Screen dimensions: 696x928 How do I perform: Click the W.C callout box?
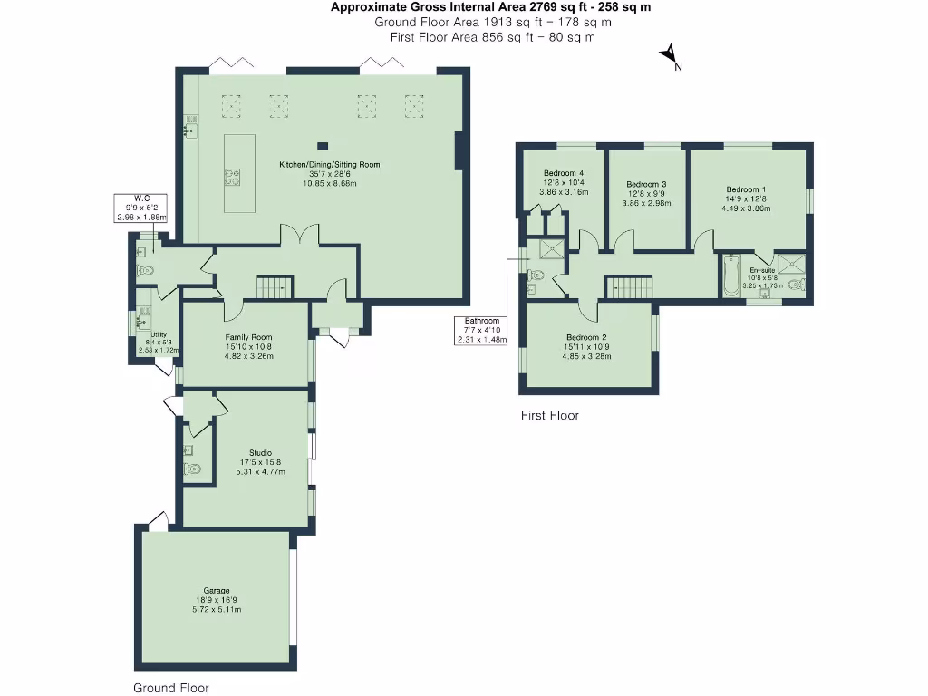coord(142,208)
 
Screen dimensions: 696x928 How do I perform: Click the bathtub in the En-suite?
coord(730,276)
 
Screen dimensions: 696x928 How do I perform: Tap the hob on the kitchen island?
coord(232,177)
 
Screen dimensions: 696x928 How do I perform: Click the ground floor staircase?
coord(275,287)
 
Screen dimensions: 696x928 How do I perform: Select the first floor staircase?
coord(628,287)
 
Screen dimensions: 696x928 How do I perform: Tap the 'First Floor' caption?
coord(549,416)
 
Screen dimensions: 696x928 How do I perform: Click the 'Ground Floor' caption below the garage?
coord(171,688)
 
